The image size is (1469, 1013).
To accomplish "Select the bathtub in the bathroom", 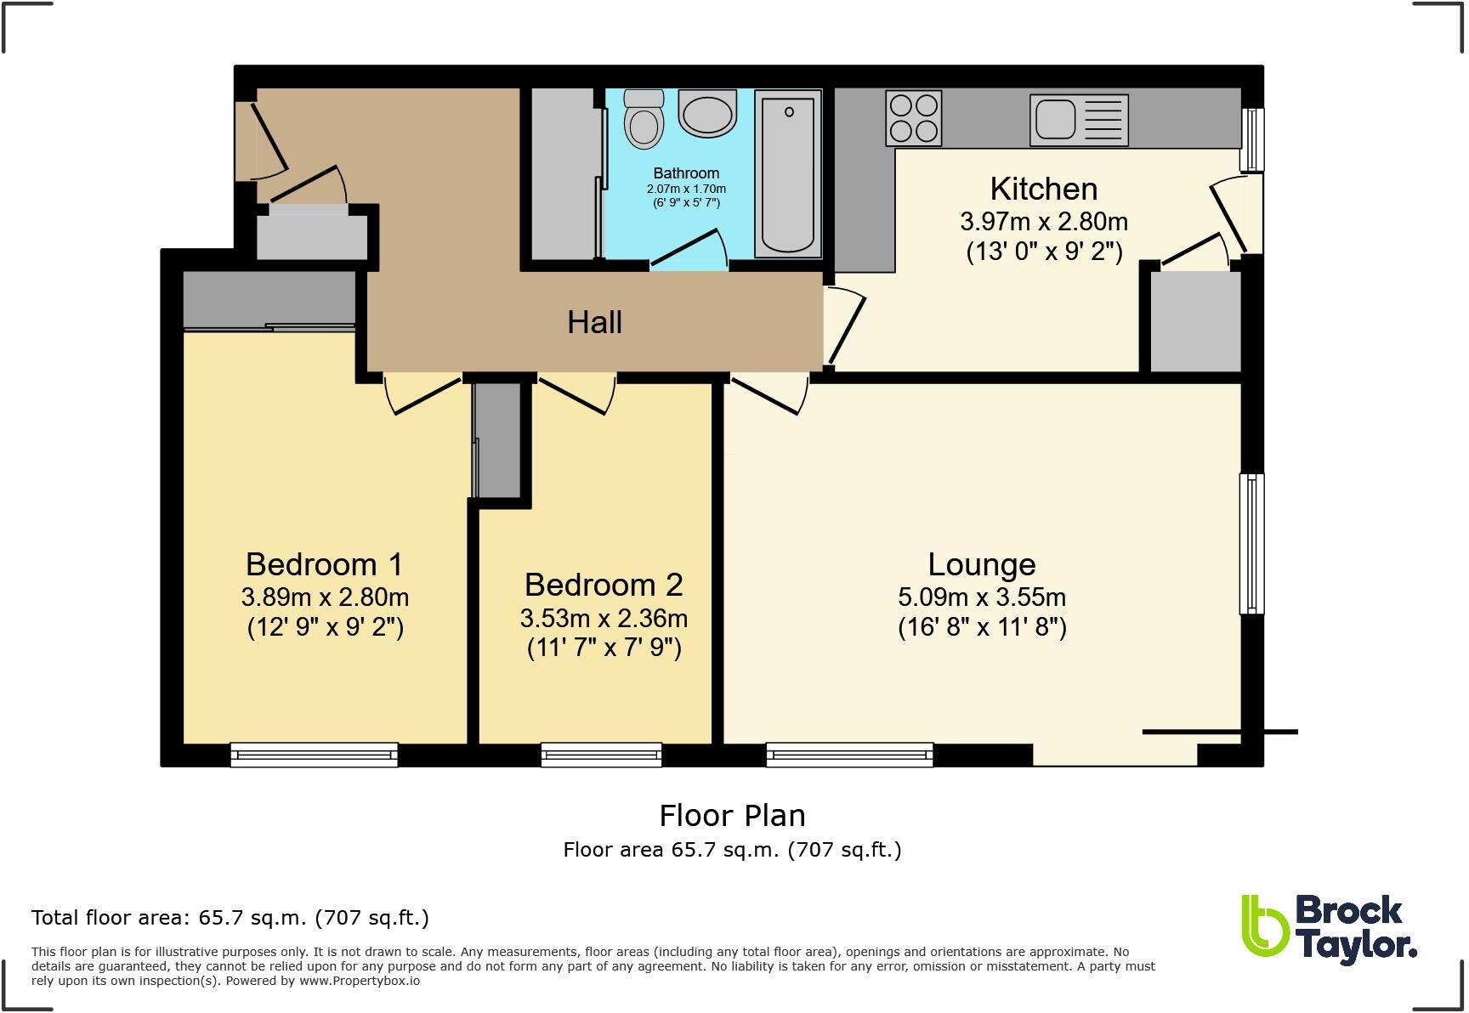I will (x=788, y=174).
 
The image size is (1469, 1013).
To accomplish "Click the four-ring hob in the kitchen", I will (x=914, y=118).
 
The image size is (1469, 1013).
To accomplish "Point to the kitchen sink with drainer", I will (x=1079, y=120).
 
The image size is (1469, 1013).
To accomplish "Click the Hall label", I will (x=594, y=323).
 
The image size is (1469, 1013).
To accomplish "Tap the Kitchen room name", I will (x=1043, y=189).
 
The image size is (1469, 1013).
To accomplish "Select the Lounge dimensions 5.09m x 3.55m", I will (x=982, y=597).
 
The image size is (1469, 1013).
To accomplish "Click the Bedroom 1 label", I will (x=324, y=564).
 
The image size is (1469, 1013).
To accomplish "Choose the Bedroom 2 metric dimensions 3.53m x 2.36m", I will (x=604, y=619).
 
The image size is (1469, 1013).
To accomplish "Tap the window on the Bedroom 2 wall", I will (x=601, y=754).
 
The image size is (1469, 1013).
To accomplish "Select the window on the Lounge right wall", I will (x=1251, y=543).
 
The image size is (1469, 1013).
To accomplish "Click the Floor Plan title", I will (x=732, y=816).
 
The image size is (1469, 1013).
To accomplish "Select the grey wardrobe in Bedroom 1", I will (x=269, y=297).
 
